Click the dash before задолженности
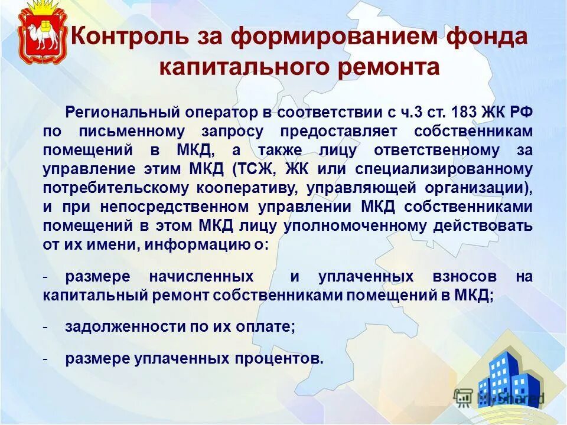(x=45, y=326)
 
